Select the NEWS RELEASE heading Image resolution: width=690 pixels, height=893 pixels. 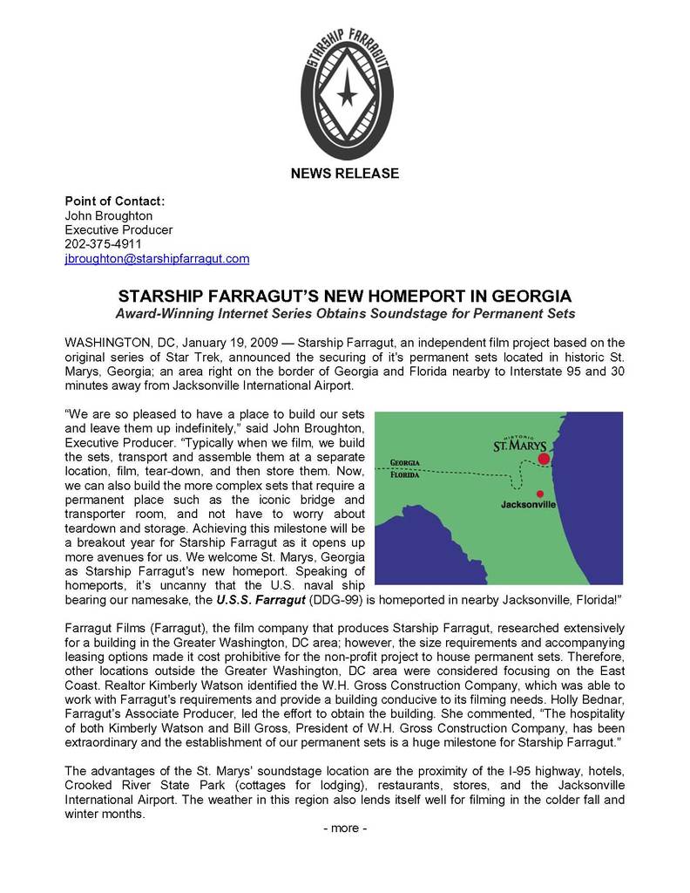tap(345, 174)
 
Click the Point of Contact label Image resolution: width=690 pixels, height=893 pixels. tap(115, 201)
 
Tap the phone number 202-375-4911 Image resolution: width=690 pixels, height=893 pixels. tap(104, 244)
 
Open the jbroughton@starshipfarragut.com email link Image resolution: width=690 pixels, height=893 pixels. tap(158, 259)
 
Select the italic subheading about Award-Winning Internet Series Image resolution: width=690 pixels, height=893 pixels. tap(345, 313)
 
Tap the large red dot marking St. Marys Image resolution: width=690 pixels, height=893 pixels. tap(544, 458)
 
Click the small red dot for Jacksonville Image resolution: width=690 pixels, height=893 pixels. tap(540, 494)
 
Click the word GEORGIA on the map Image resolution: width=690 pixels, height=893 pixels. tap(405, 462)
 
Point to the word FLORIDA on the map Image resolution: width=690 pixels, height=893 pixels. tap(405, 476)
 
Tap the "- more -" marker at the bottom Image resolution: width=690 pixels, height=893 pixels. tap(345, 828)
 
